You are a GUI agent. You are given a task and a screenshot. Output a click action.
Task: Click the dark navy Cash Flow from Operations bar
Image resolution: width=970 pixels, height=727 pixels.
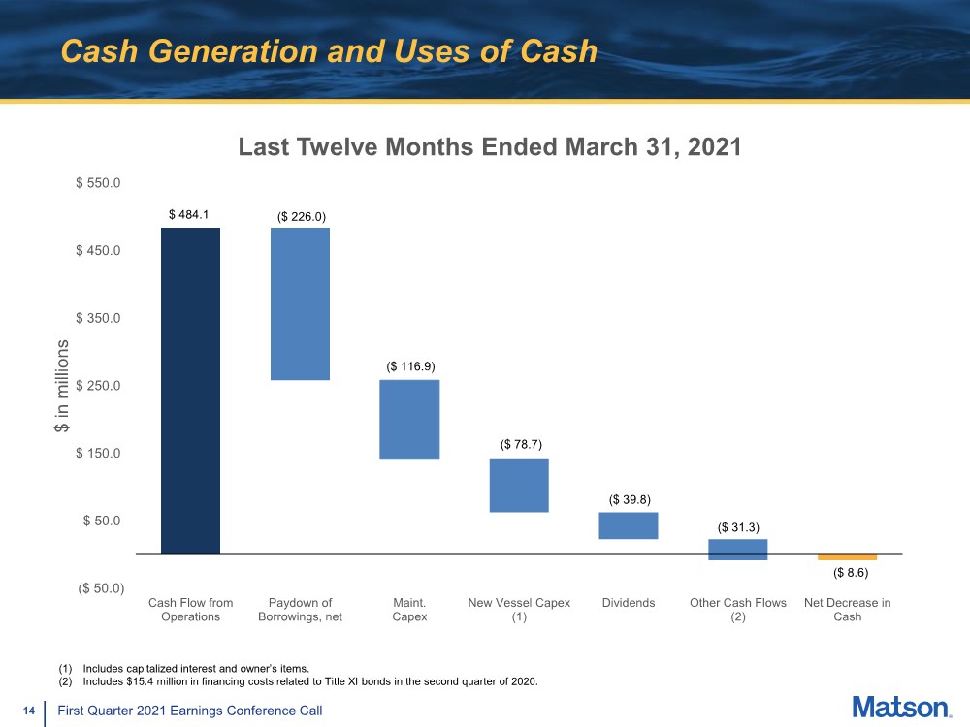(x=190, y=391)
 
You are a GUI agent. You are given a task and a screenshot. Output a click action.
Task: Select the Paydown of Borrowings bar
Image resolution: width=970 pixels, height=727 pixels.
(x=300, y=303)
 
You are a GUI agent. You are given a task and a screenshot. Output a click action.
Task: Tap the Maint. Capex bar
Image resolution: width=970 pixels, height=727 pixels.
(x=409, y=419)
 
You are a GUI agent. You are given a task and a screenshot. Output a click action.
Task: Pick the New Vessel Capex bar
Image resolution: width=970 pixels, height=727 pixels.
(x=519, y=485)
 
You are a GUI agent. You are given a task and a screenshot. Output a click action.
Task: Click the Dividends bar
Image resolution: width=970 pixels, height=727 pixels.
(x=629, y=525)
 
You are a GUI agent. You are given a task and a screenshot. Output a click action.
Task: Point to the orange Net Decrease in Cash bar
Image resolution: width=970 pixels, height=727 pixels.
(x=847, y=557)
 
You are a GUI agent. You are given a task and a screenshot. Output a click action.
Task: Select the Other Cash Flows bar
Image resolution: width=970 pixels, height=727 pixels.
(x=737, y=550)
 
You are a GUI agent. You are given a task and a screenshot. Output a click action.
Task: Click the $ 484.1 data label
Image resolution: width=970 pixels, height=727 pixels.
(x=189, y=215)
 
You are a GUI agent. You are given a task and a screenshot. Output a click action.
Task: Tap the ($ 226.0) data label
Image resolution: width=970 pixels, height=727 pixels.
(x=300, y=215)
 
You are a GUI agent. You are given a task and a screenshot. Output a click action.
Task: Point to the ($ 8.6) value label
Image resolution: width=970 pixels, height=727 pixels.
(x=848, y=574)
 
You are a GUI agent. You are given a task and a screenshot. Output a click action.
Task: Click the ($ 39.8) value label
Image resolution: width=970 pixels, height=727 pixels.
(x=629, y=499)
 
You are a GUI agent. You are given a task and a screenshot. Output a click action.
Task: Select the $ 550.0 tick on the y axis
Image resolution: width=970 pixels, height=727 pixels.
(x=98, y=182)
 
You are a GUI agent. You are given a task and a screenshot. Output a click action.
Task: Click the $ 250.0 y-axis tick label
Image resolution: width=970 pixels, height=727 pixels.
(x=98, y=386)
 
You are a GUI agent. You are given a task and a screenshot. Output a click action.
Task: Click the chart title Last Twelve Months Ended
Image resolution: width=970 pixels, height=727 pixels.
(x=490, y=147)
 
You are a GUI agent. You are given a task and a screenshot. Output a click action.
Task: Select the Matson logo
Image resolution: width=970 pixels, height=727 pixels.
(x=902, y=707)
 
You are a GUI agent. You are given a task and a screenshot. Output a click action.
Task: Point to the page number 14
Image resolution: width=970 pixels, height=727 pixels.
(x=29, y=711)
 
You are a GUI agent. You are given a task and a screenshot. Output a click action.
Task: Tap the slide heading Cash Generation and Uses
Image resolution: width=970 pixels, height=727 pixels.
(x=328, y=51)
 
